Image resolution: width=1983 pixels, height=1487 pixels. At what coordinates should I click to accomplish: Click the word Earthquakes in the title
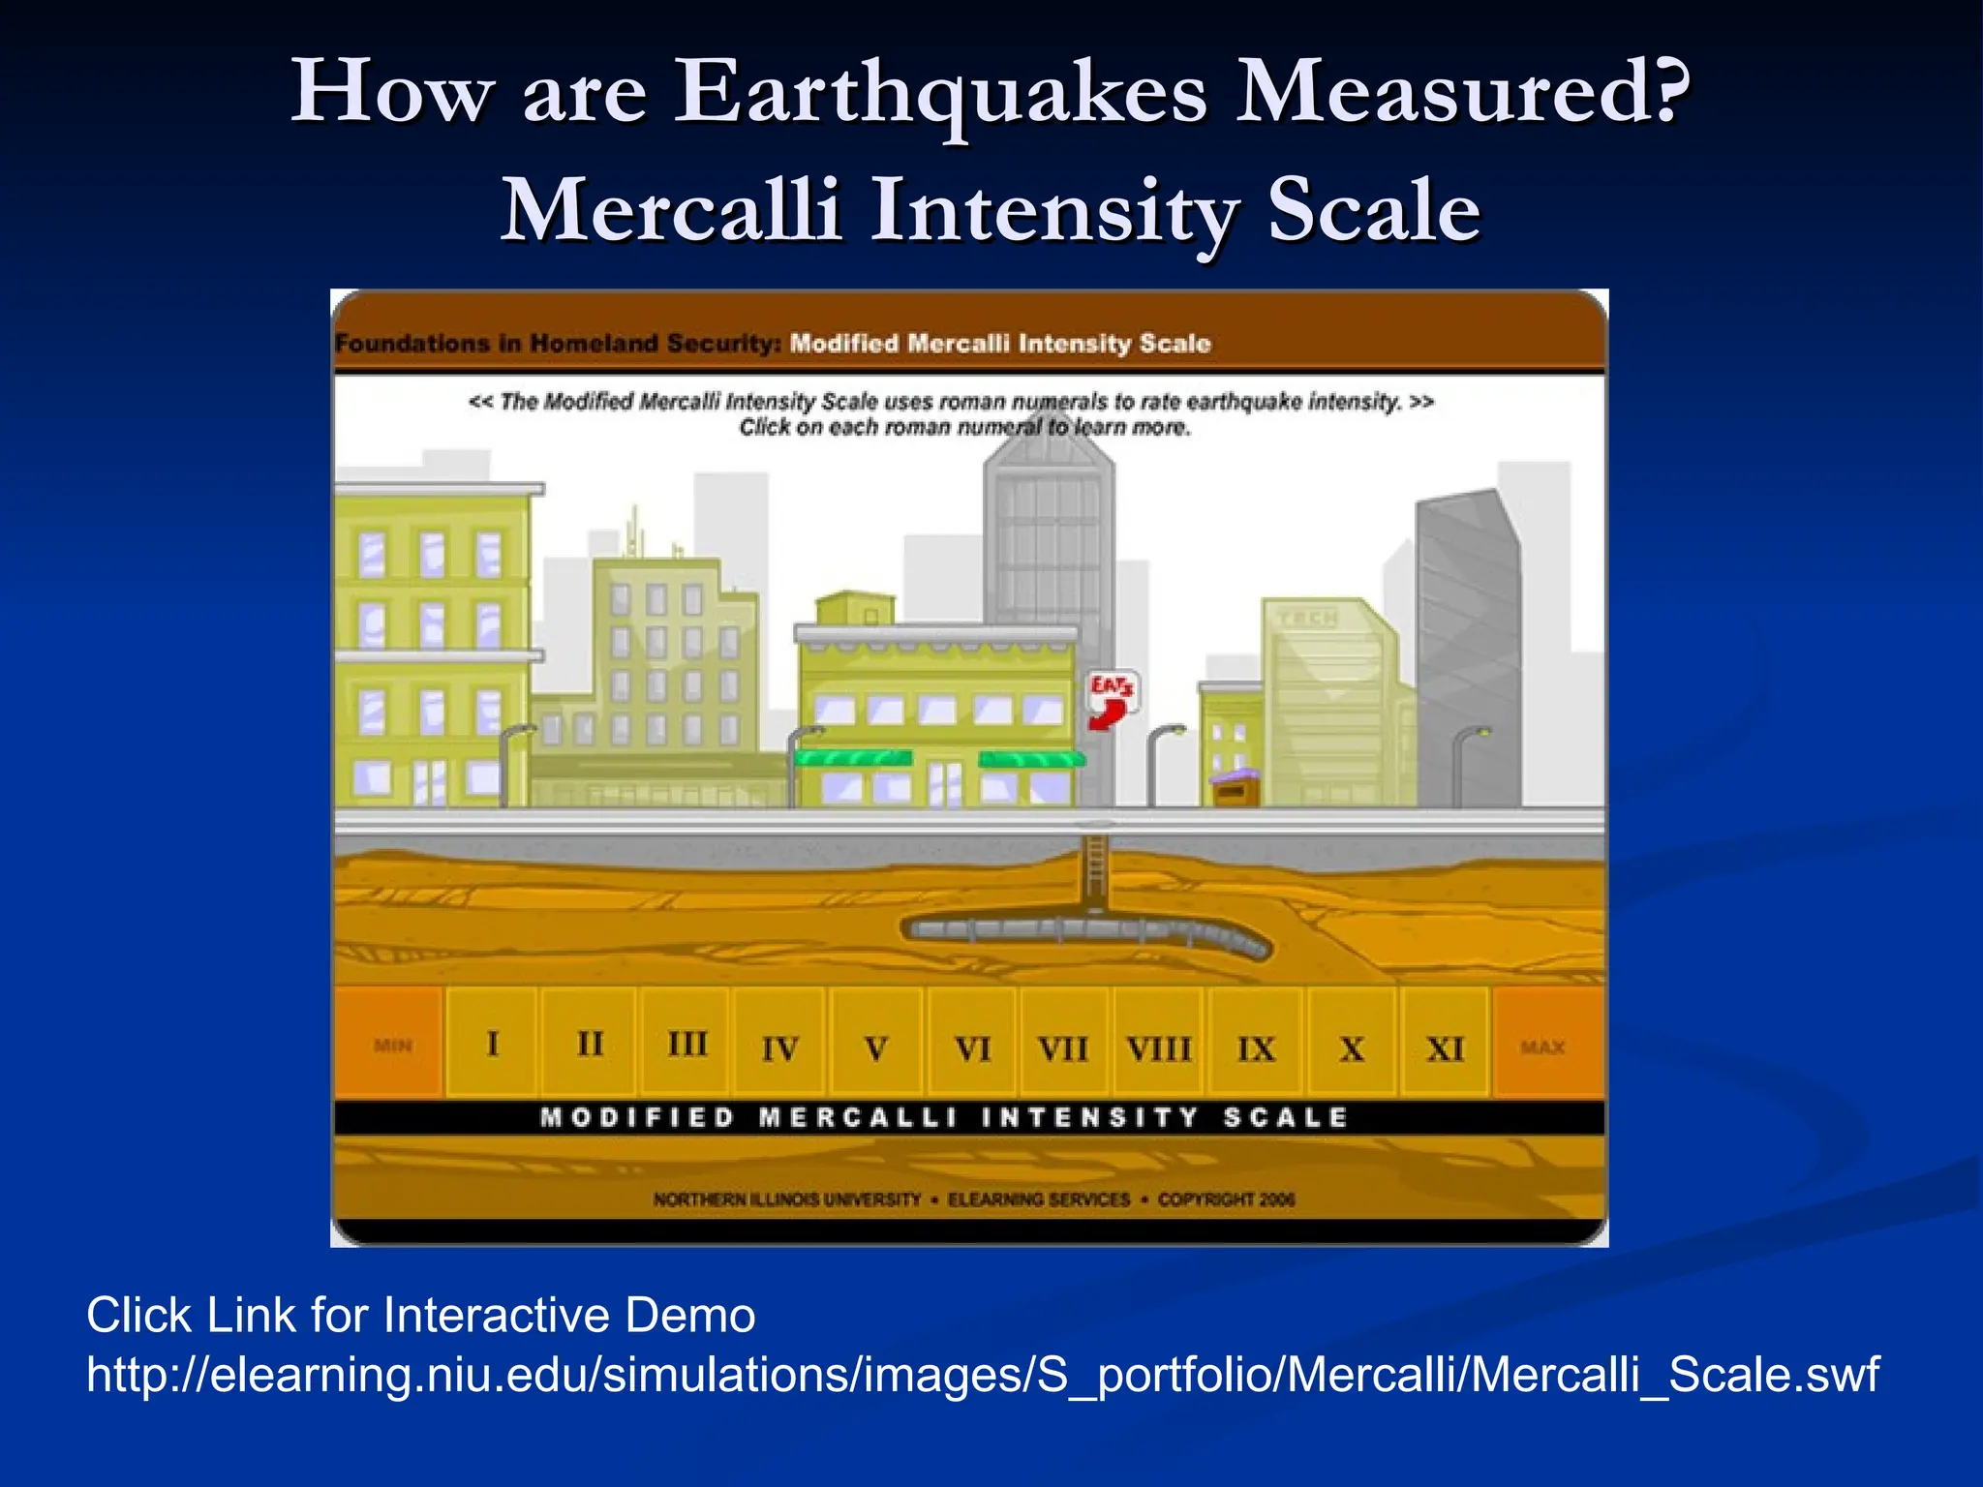940,92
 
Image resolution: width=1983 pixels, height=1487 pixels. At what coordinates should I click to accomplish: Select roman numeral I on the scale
493,1044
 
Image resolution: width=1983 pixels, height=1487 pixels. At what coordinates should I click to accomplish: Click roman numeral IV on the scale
779,1048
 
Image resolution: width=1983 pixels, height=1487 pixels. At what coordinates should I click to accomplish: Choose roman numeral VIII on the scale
1158,1048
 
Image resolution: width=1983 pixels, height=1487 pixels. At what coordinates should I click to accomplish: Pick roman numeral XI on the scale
1445,1048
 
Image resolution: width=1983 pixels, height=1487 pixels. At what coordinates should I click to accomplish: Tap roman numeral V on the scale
876,1048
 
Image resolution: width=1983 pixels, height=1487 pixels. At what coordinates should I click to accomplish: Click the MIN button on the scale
392,1046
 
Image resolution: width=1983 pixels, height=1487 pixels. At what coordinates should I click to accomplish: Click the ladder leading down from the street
1095,867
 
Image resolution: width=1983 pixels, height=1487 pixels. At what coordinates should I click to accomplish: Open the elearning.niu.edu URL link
982,1375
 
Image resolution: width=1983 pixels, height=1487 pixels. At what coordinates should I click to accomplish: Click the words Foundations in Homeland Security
558,344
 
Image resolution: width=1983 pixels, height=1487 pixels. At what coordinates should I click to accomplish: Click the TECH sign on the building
1308,618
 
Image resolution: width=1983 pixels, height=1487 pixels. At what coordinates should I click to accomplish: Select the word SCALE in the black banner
1286,1118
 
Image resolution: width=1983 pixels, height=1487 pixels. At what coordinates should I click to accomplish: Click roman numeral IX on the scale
1256,1048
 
